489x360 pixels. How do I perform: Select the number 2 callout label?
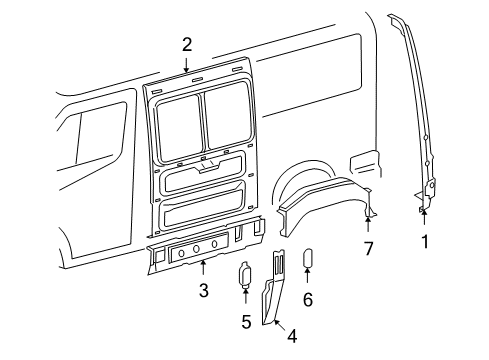point(186,44)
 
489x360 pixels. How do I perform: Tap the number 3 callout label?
point(203,290)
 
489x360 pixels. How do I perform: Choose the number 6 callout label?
point(308,299)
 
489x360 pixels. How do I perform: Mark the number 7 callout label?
point(368,248)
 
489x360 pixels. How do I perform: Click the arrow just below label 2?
point(186,65)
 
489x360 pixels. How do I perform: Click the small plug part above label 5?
point(245,275)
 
